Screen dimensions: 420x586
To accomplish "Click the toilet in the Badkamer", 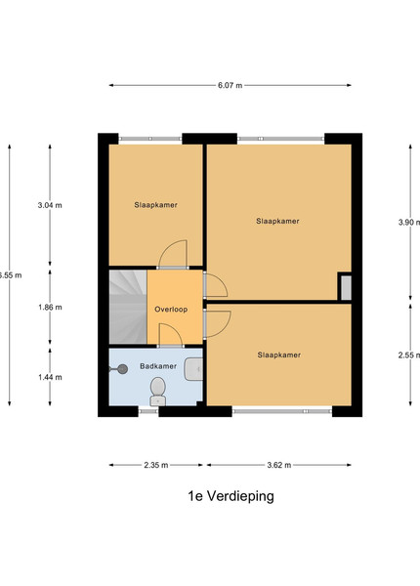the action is [157, 392].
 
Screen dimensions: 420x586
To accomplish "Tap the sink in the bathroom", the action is [193, 369].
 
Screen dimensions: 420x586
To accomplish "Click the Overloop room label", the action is [171, 310].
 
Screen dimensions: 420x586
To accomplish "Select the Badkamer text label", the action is [158, 366].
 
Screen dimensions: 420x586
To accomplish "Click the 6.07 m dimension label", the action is [231, 85].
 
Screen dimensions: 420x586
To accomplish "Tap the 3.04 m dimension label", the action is [50, 205].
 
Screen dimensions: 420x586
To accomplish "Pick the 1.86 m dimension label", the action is [50, 308].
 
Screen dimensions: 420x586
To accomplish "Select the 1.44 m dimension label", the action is [50, 377].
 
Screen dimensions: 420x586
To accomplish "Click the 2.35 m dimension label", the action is [156, 465].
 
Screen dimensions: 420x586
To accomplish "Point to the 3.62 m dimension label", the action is [279, 465].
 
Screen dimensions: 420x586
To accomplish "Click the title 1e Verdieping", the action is [231, 496].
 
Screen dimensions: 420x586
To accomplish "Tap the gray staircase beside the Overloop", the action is [128, 307].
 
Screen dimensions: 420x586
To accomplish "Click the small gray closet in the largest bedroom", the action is [347, 288].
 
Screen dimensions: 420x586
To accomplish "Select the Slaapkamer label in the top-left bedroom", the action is [156, 205].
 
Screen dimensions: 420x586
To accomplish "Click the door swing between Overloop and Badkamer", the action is [171, 335].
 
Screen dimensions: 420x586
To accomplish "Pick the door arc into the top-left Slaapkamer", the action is [173, 254].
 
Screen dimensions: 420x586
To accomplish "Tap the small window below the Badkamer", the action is [148, 411].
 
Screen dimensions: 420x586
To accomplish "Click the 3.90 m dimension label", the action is [409, 223].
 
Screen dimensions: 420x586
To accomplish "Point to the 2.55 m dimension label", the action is [409, 356].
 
